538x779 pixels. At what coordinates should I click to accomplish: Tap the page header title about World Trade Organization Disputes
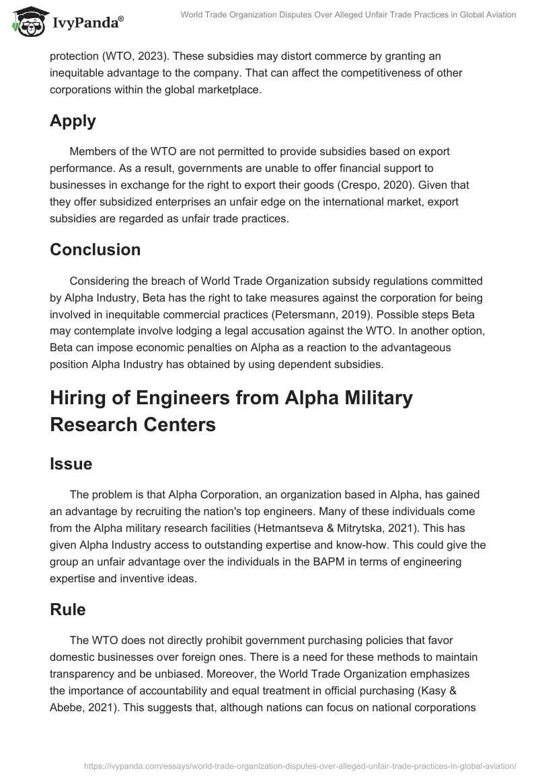pos(348,15)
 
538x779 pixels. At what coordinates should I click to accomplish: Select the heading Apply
pos(73,121)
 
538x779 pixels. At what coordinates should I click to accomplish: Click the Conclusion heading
pos(95,249)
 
